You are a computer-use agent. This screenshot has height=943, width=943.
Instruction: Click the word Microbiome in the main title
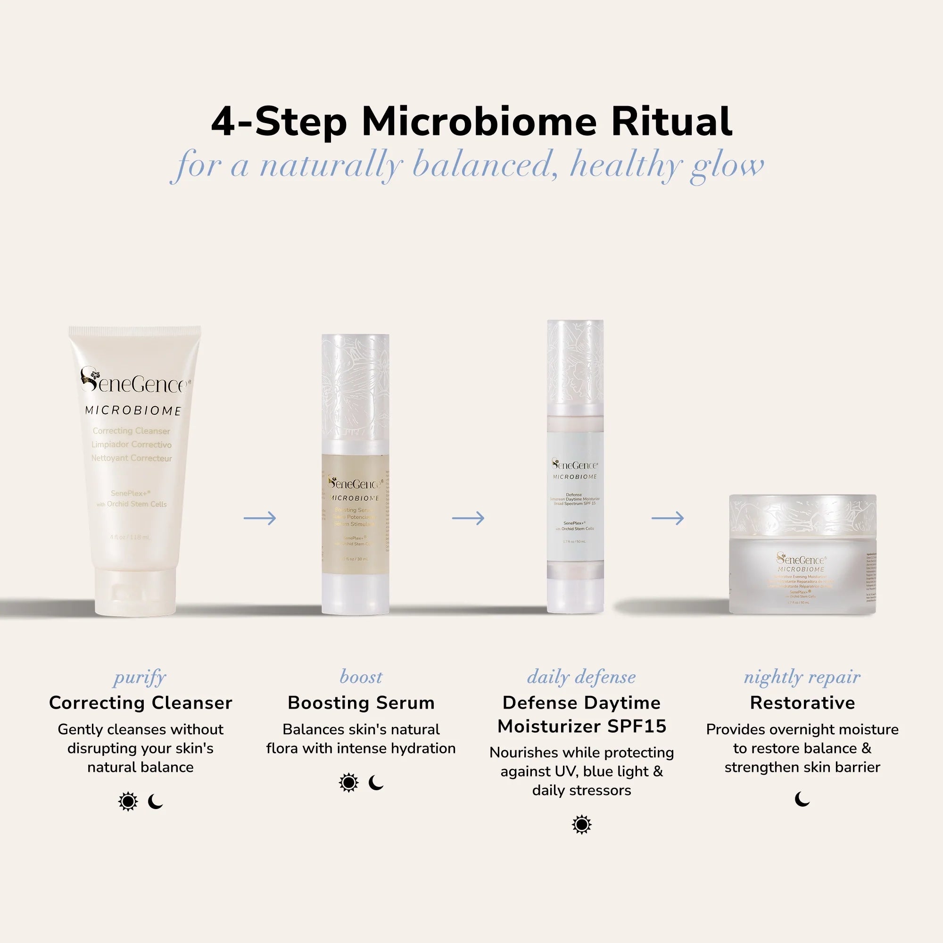479,122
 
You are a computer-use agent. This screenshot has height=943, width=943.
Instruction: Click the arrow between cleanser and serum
260,518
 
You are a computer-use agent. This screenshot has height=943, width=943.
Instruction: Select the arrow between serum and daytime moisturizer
468,518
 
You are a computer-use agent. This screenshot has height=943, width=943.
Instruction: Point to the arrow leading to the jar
667,518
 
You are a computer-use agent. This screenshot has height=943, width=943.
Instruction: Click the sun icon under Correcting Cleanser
128,802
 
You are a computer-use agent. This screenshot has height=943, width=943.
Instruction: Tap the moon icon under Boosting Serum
376,783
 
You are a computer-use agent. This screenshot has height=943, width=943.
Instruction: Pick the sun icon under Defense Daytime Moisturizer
581,825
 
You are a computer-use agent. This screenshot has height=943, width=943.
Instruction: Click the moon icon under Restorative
802,800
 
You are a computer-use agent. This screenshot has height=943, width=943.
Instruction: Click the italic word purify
140,678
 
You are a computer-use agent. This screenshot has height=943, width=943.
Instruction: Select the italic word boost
361,678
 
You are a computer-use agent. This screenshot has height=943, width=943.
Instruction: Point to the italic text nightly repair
802,678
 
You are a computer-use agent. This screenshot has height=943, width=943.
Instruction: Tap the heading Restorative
802,703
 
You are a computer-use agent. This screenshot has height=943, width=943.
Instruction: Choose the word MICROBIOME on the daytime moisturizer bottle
575,477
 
